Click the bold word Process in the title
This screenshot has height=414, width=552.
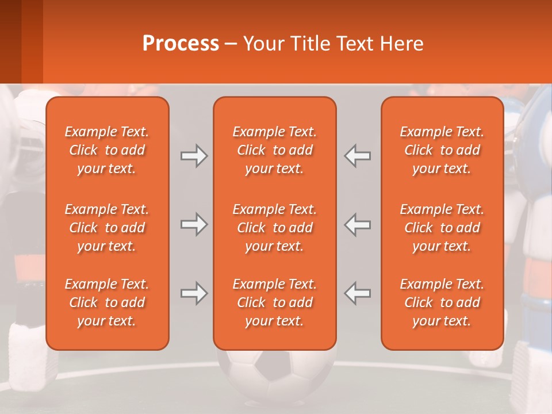(x=181, y=44)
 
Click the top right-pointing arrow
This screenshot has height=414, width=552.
(x=194, y=156)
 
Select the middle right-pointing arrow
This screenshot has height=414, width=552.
(x=194, y=224)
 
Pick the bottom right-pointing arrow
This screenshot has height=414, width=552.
(x=194, y=293)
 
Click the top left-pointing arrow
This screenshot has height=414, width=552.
(x=358, y=156)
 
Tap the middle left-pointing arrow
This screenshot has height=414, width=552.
(x=358, y=224)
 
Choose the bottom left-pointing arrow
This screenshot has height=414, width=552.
(x=358, y=293)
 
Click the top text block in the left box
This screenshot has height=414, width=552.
(x=107, y=150)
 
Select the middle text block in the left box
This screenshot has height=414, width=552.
(x=107, y=228)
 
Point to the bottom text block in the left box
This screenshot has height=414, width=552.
(x=107, y=302)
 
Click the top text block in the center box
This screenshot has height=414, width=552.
(x=274, y=150)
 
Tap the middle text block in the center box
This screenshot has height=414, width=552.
(x=274, y=228)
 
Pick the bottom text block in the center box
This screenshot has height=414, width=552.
(x=274, y=302)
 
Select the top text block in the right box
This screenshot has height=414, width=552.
(x=442, y=150)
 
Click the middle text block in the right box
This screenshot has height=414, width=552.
(x=442, y=228)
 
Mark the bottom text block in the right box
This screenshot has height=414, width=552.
(x=442, y=302)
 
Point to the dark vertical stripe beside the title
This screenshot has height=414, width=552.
(x=32, y=41)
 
